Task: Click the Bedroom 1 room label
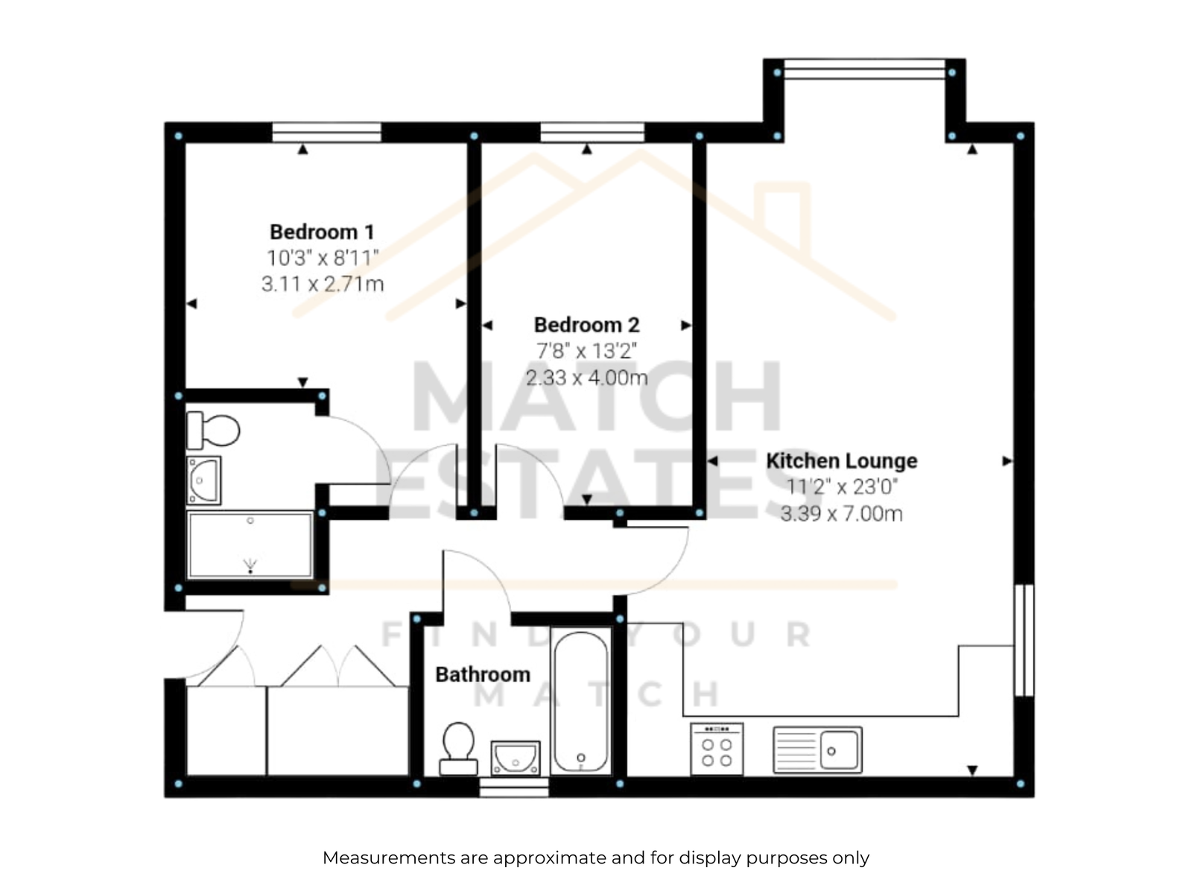point(322,232)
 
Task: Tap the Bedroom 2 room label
point(586,325)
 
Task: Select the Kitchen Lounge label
point(841,460)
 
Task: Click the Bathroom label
point(483,674)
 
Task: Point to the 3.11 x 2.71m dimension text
point(323,284)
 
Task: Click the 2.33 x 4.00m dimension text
point(586,377)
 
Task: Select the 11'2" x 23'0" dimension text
point(842,487)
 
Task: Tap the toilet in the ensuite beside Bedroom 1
point(213,430)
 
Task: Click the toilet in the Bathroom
point(458,748)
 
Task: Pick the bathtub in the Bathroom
point(580,701)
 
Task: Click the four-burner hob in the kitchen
point(717,749)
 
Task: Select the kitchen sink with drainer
point(817,749)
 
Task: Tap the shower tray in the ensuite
point(250,545)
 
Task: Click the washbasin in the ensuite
point(203,481)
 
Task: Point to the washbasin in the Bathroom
point(516,758)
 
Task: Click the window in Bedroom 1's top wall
point(326,133)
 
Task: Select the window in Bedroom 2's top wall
point(592,133)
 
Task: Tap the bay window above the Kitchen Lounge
point(864,69)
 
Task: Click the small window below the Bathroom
point(514,787)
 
